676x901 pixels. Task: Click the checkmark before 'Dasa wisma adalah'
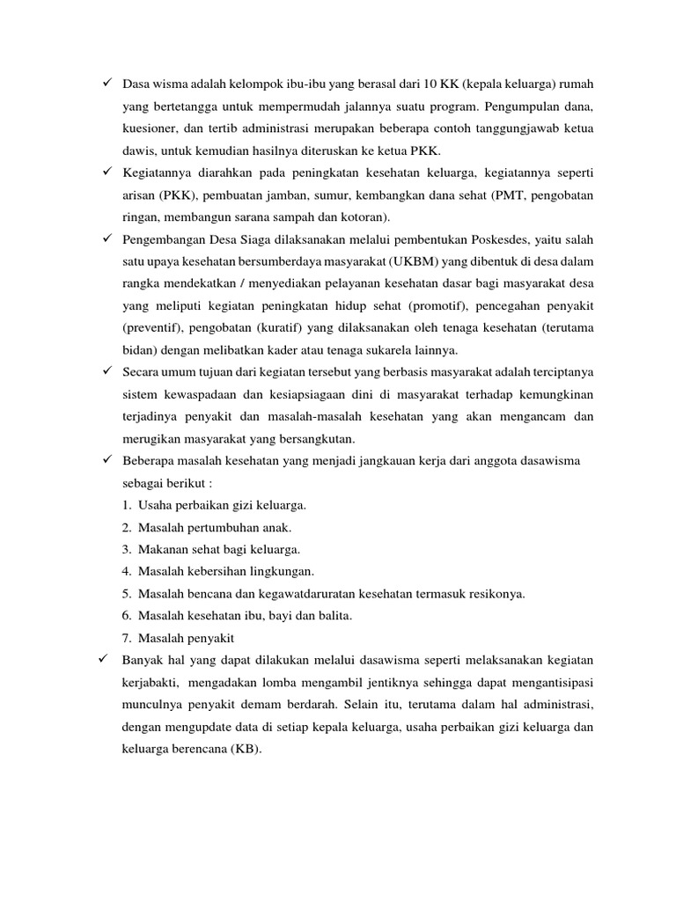106,84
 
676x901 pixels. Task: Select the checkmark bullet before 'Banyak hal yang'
106,659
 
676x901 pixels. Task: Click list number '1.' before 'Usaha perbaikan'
129,506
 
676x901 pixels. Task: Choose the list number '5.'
129,594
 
